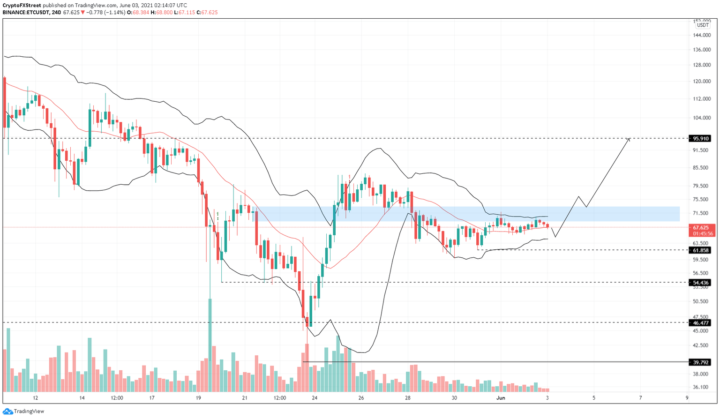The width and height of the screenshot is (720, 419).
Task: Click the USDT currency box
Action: (x=702, y=25)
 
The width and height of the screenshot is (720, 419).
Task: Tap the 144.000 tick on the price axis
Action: (x=701, y=36)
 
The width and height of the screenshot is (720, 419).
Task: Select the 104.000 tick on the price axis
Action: (x=701, y=118)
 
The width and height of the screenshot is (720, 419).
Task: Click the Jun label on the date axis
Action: (x=501, y=398)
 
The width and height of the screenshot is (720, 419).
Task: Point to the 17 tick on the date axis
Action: (x=152, y=398)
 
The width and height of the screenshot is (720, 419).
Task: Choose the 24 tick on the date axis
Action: (x=315, y=398)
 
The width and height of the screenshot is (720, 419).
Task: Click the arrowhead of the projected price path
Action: (x=629, y=139)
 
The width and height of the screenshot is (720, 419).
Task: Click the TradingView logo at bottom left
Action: (x=24, y=411)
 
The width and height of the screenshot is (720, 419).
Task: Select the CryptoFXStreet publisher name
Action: (x=22, y=6)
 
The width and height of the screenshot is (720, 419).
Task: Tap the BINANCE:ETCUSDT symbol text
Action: (x=26, y=12)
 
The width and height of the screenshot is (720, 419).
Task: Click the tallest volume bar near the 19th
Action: (x=210, y=345)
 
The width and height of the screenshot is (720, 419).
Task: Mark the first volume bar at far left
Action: (x=5, y=370)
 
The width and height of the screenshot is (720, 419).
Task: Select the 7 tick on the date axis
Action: (x=640, y=398)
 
